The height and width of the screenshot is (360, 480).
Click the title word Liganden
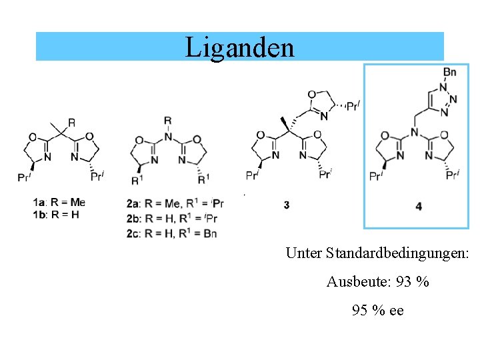239,47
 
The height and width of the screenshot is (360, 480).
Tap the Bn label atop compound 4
450,72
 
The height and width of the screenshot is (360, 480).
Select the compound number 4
418,207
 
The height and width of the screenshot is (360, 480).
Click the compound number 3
286,205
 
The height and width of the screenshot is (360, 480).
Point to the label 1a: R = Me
59,201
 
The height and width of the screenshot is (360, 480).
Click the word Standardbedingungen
397,253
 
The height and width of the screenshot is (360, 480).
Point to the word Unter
304,253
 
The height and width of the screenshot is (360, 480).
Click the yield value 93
403,282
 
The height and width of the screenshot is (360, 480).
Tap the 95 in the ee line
360,311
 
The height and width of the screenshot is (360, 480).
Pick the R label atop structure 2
167,121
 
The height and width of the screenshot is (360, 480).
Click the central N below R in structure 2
167,137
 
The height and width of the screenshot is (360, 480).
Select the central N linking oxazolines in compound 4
414,134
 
